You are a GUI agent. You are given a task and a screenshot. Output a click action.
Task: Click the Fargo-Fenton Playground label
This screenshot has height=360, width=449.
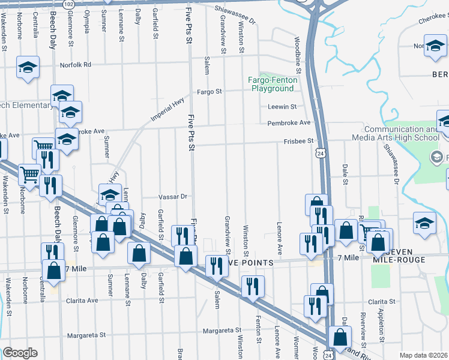(272, 84)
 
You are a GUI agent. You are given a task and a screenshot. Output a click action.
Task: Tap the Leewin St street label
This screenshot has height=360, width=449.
(282, 107)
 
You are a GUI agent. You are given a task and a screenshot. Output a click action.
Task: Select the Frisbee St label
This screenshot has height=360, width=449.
(299, 142)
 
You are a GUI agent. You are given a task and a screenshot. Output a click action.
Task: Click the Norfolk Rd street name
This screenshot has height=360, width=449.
(75, 65)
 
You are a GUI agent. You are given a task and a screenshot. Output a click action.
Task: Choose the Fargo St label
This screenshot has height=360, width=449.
(210, 92)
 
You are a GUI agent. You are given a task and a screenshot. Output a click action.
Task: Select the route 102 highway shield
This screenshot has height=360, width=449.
(68, 4)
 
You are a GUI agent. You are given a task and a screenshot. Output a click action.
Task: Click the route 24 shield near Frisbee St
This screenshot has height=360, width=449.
(321, 154)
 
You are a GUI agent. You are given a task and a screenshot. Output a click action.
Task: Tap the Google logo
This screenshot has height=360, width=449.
(20, 353)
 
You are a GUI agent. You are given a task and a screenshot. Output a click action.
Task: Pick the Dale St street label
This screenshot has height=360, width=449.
(345, 173)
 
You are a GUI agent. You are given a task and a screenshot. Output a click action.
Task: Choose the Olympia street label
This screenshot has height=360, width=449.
(88, 22)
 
